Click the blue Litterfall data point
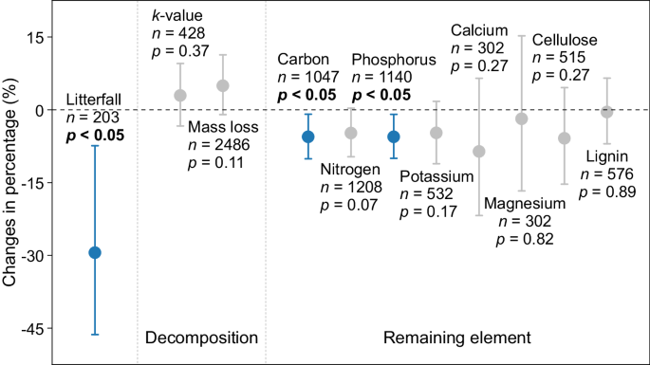click(95, 252)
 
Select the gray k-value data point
click(179, 95)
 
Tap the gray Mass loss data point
click(223, 85)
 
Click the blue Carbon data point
click(307, 137)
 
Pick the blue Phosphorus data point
click(393, 137)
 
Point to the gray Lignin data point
click(607, 112)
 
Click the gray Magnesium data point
click(521, 119)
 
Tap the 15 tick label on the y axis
click(37, 38)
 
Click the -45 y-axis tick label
click(36, 329)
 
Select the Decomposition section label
click(201, 338)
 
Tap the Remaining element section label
click(456, 338)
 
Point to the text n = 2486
click(220, 145)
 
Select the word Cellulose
click(565, 40)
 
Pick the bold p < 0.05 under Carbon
click(306, 94)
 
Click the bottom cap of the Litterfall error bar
click(95, 335)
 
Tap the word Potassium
click(436, 176)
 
